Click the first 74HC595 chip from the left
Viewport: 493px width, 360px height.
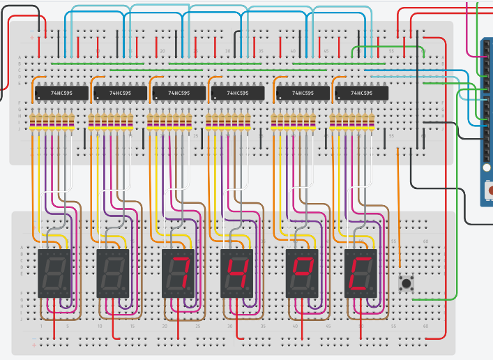click(62, 93)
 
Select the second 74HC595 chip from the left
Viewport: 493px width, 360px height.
click(121, 93)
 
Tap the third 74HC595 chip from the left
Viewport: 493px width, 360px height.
click(179, 93)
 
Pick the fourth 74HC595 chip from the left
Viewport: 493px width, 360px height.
click(238, 93)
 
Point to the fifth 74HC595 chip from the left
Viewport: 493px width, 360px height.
click(303, 93)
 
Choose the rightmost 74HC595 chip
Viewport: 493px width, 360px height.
click(362, 93)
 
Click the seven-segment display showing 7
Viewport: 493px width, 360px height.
click(179, 273)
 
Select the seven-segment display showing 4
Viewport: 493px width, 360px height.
click(237, 273)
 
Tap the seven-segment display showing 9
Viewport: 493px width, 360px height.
click(303, 273)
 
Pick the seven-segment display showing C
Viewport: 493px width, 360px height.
click(361, 273)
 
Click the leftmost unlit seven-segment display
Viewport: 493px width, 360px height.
click(54, 273)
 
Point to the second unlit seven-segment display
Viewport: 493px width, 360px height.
click(113, 273)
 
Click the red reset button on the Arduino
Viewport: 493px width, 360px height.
click(487, 189)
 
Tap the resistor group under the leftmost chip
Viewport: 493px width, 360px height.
click(52, 122)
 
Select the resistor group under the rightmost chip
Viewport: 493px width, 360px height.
click(352, 122)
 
